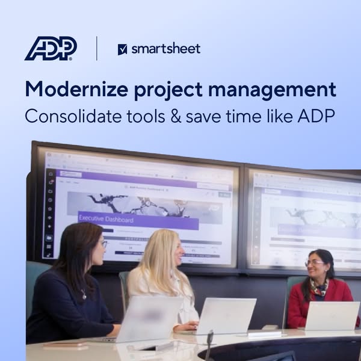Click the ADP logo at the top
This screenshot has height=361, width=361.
(51, 48)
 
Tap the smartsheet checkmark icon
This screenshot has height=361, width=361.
(123, 49)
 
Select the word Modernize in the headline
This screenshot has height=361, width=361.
(75, 90)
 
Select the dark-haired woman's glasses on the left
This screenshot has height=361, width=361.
(103, 244)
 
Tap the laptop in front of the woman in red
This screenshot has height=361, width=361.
(331, 315)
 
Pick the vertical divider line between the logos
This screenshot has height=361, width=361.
(97, 48)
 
